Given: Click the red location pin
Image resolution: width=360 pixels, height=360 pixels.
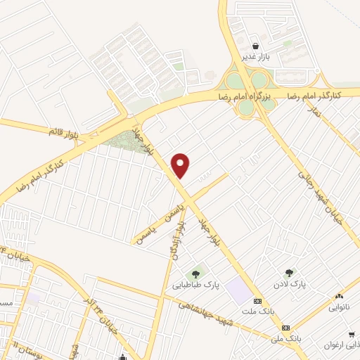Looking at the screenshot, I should coord(181,165).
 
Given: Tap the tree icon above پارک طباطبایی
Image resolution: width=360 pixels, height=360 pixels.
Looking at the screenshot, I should coord(195,274).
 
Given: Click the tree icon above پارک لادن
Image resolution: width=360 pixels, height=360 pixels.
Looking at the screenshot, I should coord(289,272).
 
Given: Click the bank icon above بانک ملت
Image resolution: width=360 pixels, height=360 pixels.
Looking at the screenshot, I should coord(258,299).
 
